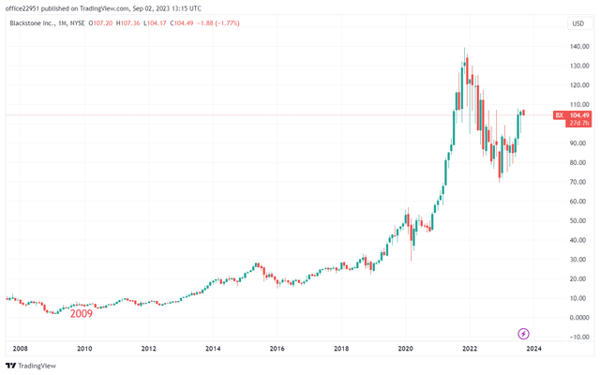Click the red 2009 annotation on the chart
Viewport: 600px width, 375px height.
coord(81,314)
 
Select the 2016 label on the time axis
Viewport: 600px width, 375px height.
coord(277,349)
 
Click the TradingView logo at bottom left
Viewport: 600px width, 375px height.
coord(30,367)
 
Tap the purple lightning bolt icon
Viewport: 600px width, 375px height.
coord(524,334)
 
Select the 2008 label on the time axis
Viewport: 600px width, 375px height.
coord(20,349)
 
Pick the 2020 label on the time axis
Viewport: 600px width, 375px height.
coord(405,349)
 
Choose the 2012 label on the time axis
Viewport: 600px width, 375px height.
coord(148,349)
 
